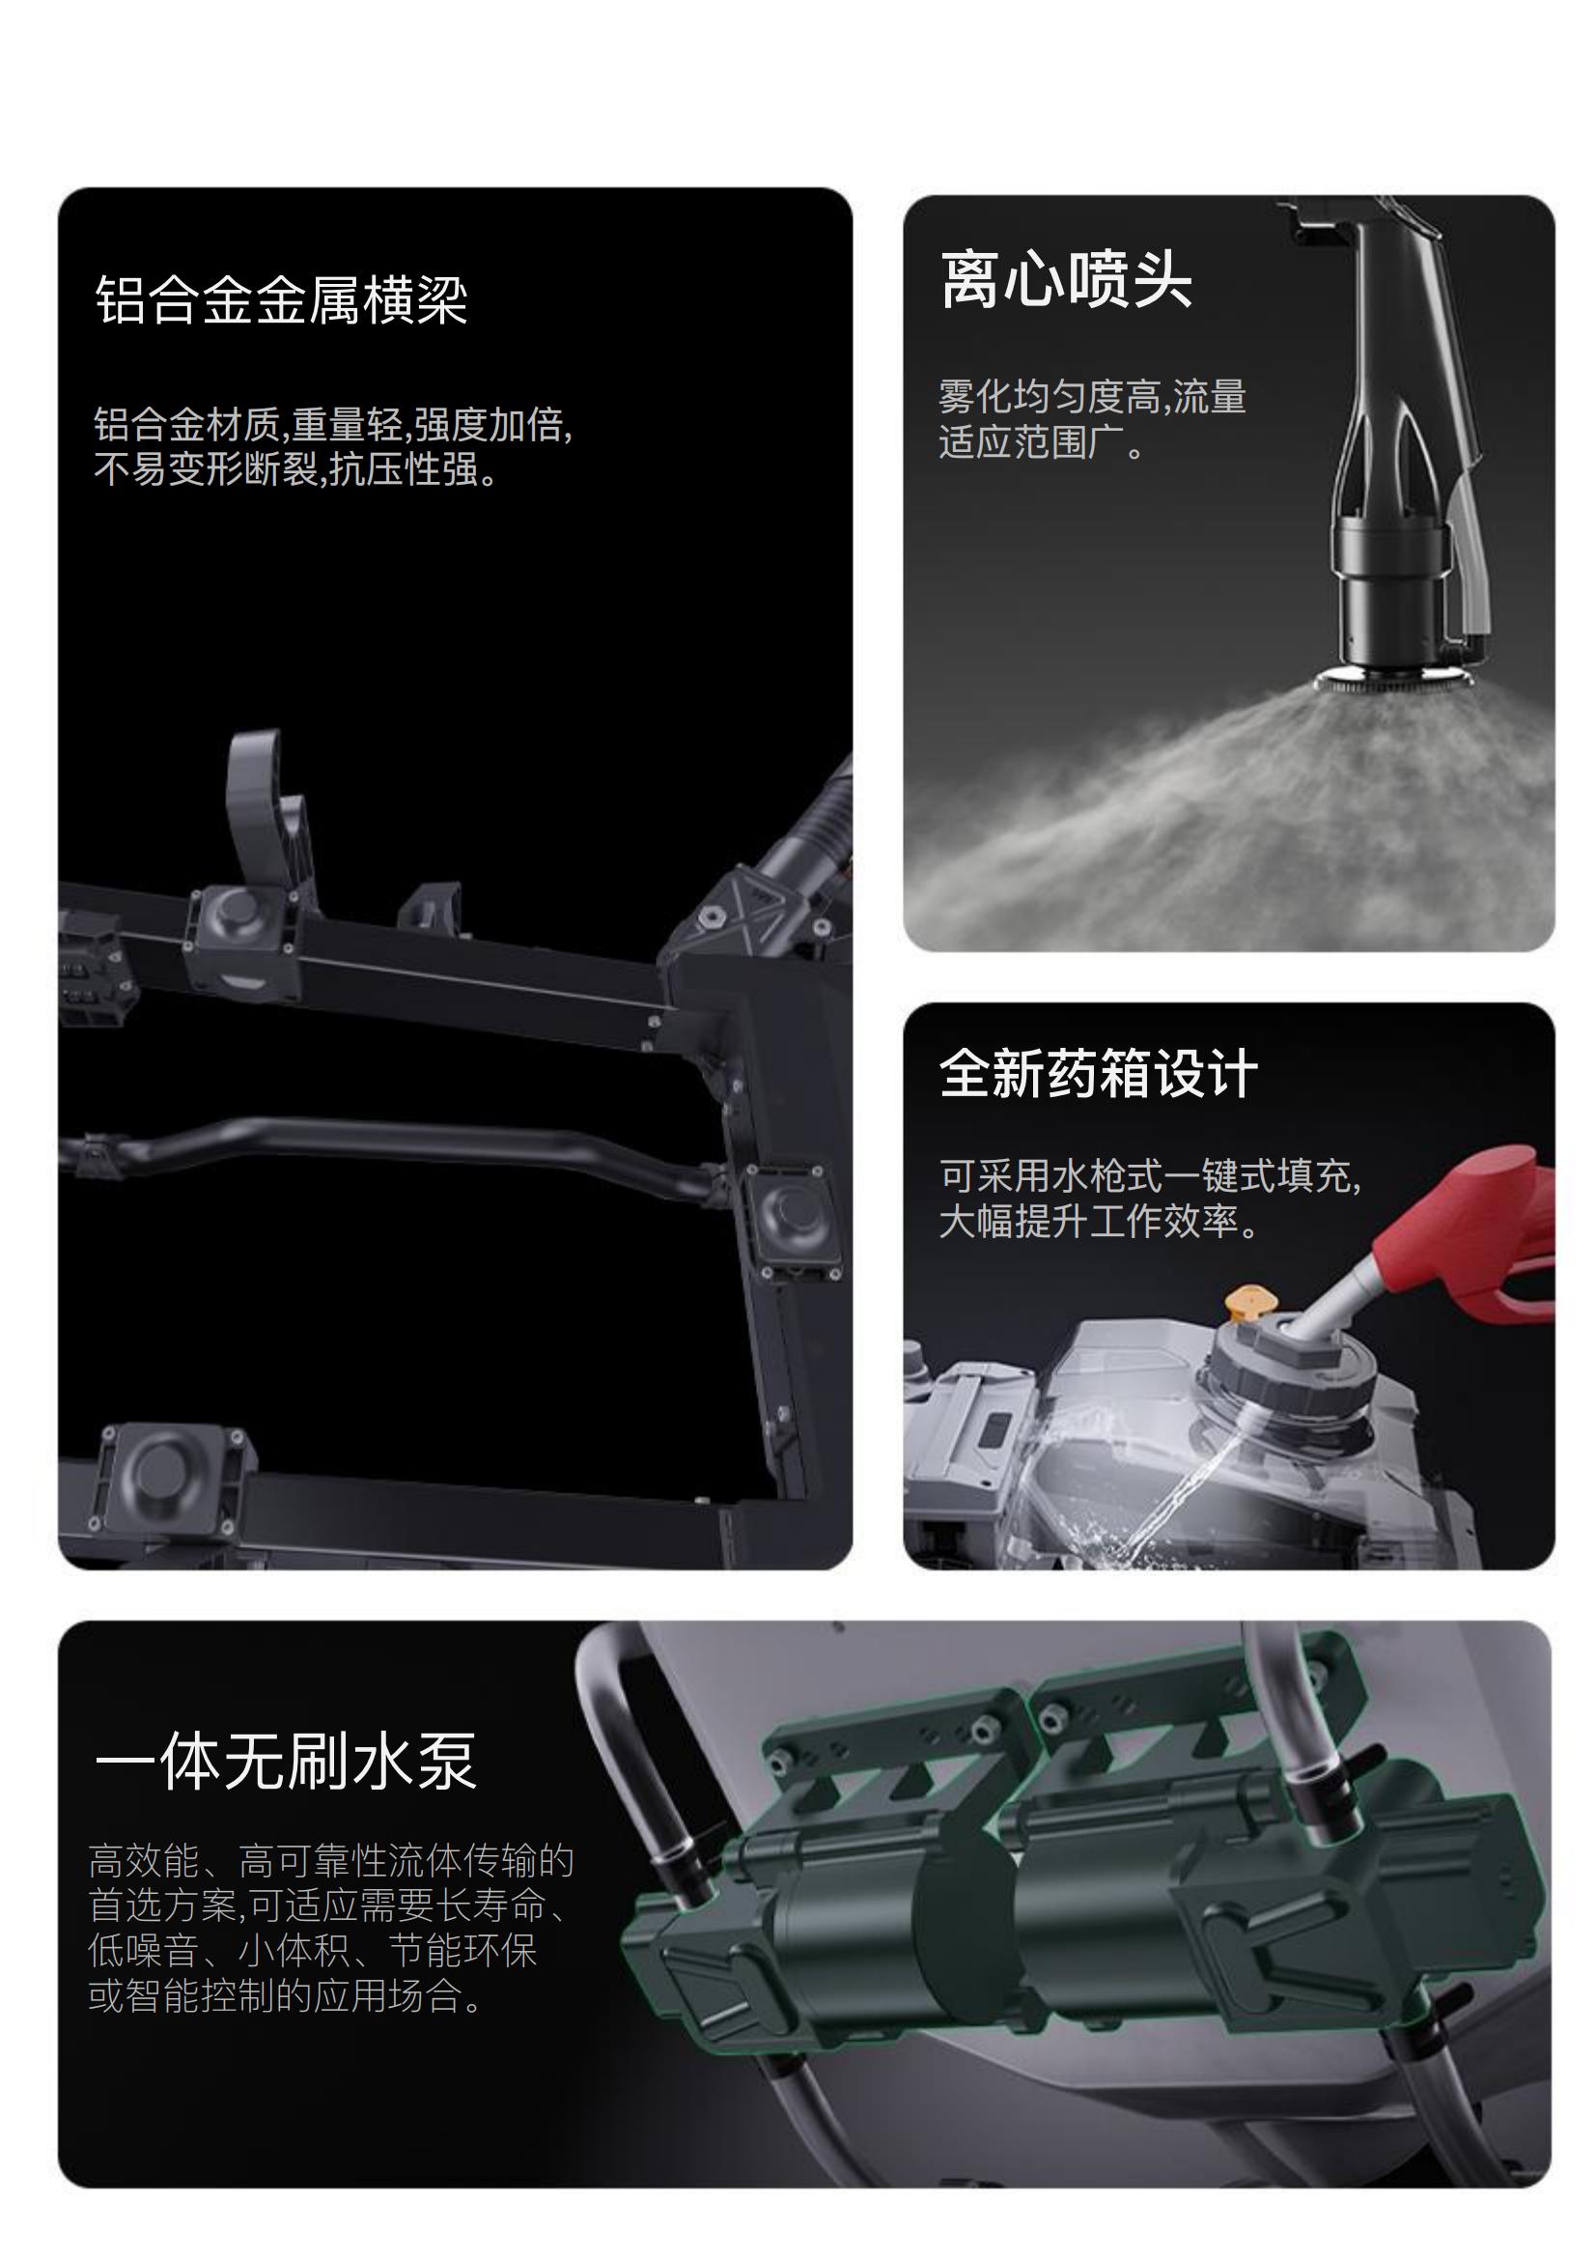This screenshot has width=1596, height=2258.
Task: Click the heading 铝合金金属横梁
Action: click(281, 300)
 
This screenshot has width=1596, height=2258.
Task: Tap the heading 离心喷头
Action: click(1067, 279)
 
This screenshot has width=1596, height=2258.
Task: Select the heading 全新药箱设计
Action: click(1099, 1073)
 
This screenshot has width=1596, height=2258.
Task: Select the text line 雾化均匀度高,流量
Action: click(1093, 396)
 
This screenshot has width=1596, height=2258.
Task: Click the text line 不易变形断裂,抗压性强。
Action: click(297, 469)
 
